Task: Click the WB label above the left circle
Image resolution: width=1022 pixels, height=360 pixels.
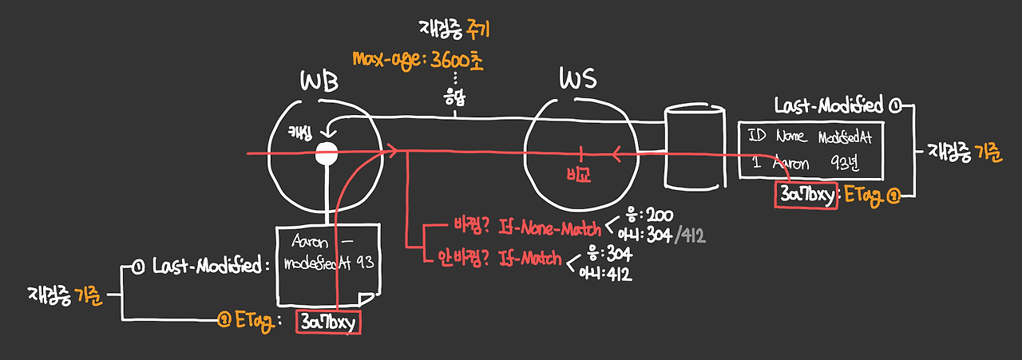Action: [x=319, y=81]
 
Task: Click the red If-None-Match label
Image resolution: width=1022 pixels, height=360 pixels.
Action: [x=549, y=230]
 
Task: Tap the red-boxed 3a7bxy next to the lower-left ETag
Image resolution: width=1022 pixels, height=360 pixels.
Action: [x=327, y=322]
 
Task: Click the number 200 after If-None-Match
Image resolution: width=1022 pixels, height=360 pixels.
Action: [x=639, y=216]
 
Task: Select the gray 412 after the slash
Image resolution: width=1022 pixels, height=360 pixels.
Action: [x=691, y=235]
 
